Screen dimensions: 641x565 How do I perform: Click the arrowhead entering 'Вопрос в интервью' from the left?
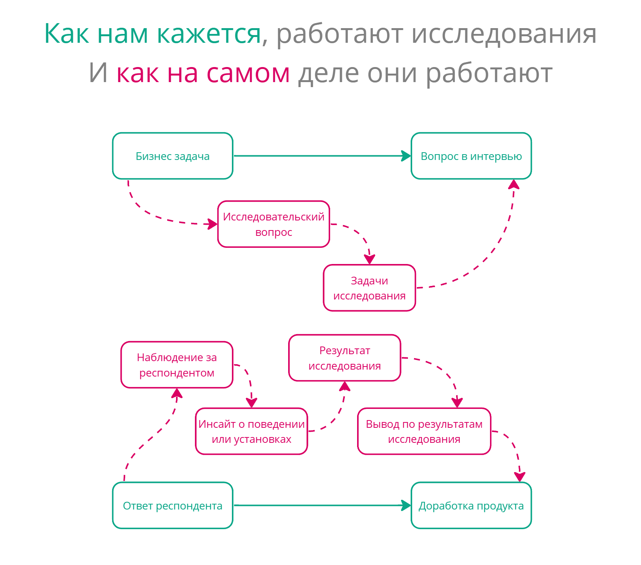point(406,156)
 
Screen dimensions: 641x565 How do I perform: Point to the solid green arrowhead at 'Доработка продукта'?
point(406,505)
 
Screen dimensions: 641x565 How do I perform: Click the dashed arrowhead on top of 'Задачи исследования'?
point(369,259)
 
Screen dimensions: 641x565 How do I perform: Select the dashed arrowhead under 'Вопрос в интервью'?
point(514,184)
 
